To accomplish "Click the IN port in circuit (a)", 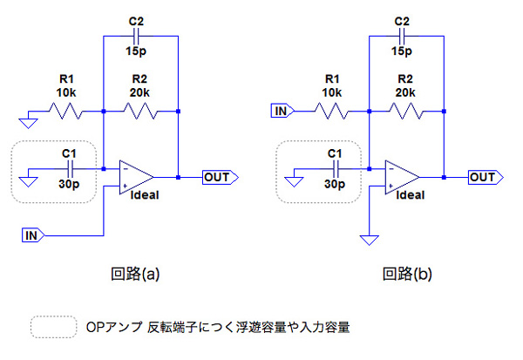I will [x=31, y=234].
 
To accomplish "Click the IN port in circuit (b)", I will [x=282, y=111].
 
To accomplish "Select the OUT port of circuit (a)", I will [x=218, y=178].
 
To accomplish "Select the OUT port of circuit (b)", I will [x=484, y=178].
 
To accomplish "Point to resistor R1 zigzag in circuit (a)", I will [x=67, y=112].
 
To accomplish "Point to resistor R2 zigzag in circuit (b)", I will [x=406, y=112].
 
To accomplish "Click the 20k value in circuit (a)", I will [x=140, y=91].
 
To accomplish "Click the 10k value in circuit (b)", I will [x=332, y=91].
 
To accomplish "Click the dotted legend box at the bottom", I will [x=53, y=327].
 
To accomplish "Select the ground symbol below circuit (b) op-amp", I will [x=370, y=239].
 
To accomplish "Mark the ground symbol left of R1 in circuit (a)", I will [x=26, y=117].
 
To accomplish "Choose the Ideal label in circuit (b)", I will [x=411, y=195].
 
